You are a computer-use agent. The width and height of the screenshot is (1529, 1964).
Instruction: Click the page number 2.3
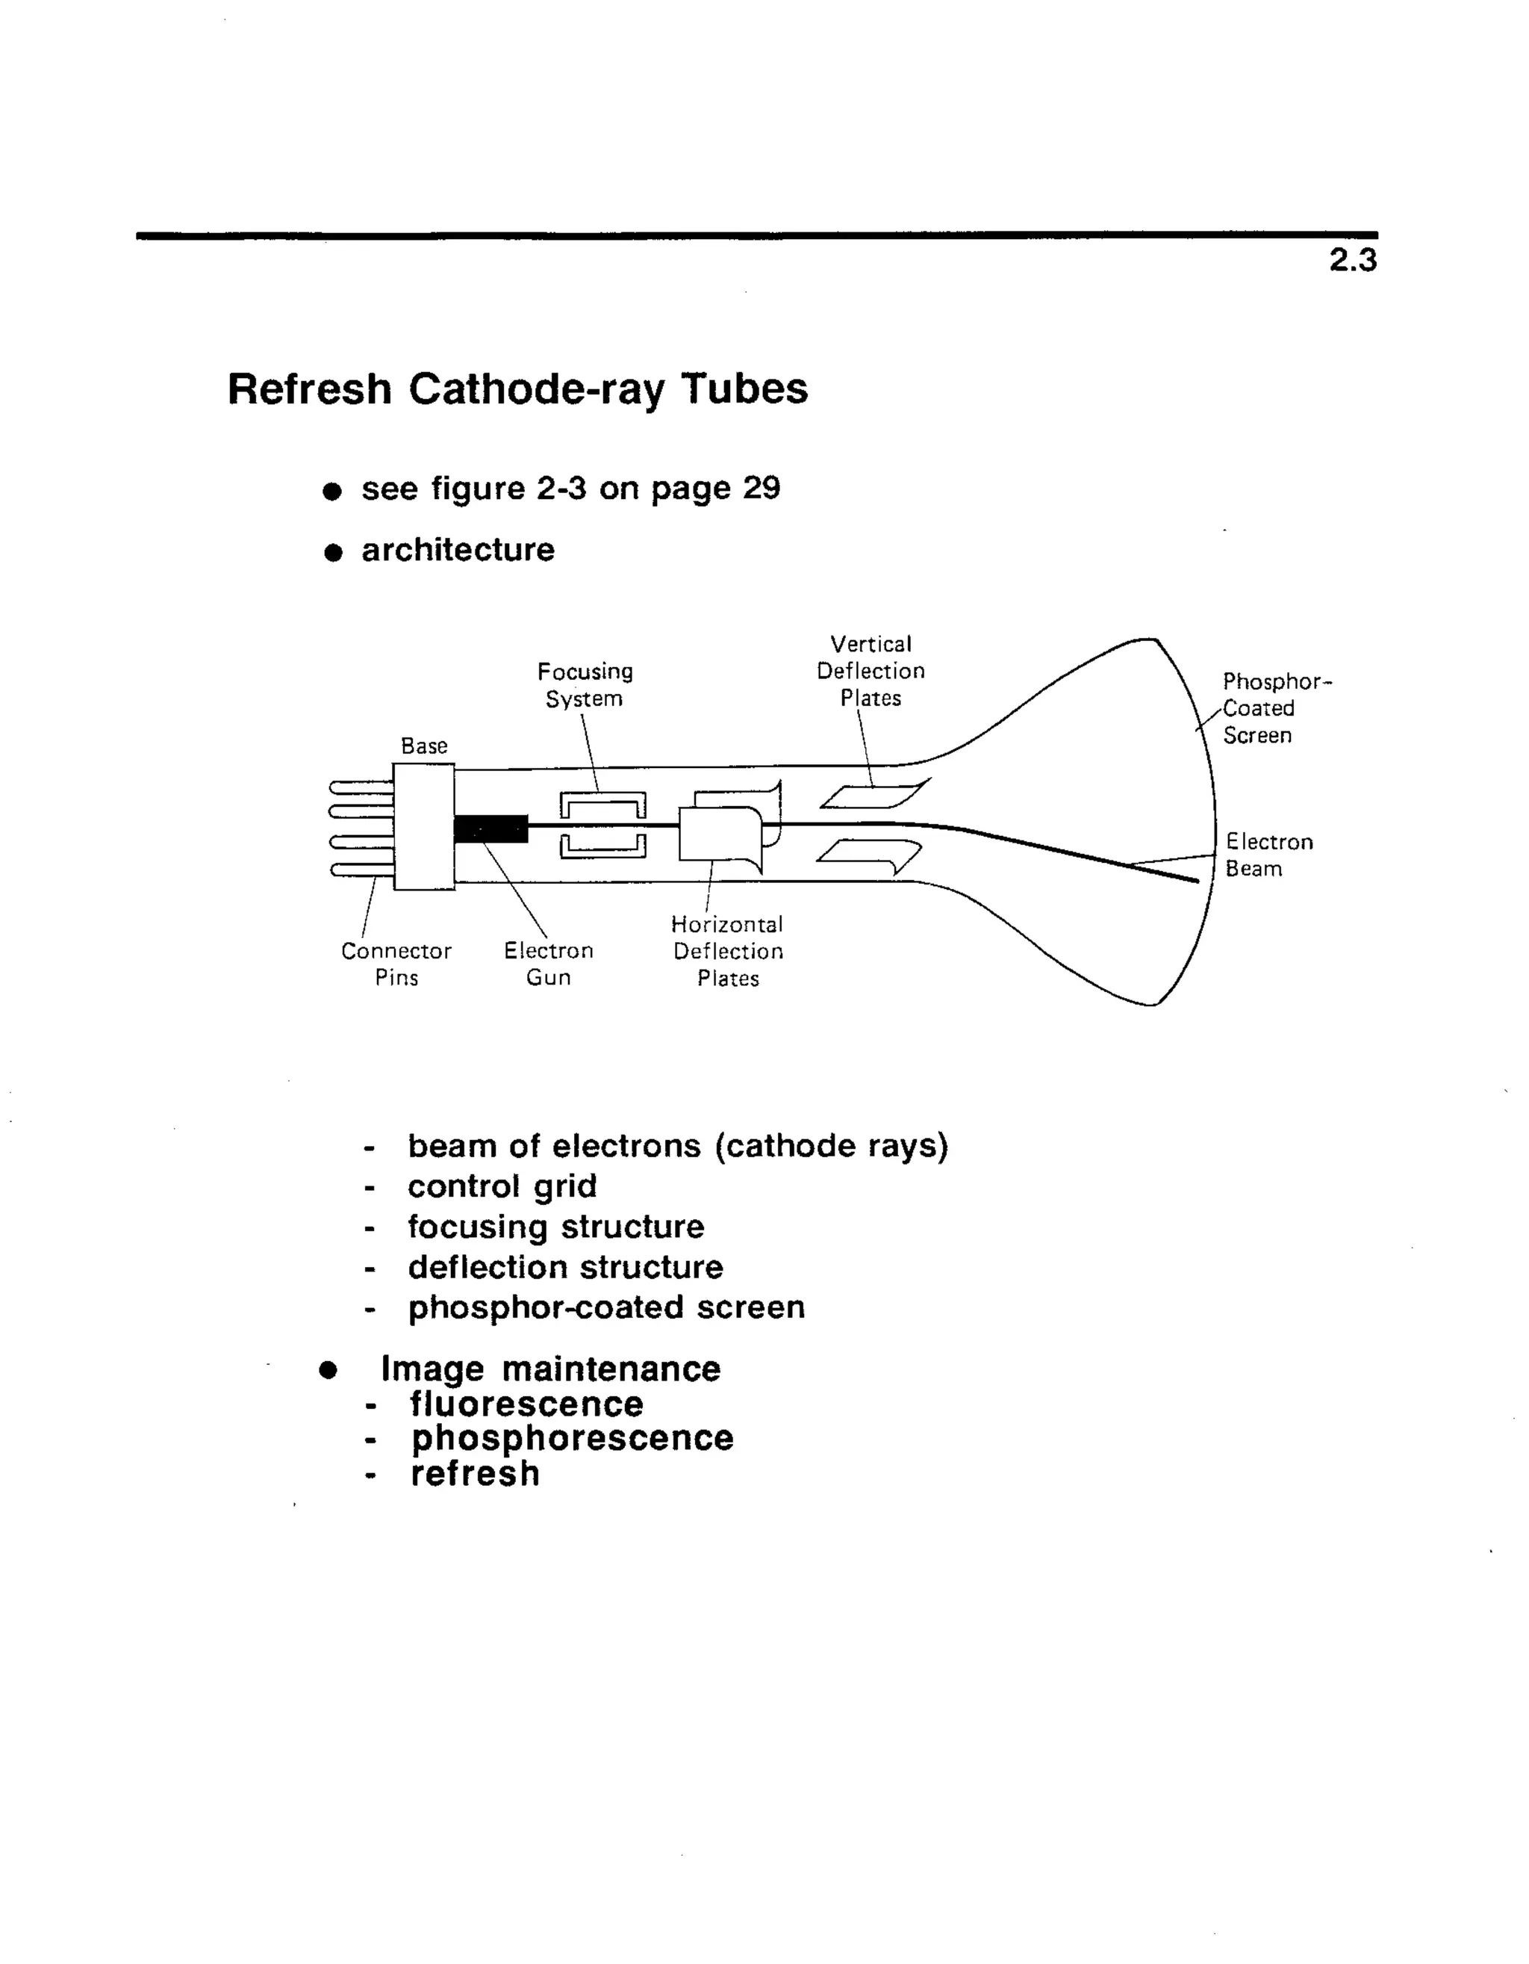click(x=1352, y=261)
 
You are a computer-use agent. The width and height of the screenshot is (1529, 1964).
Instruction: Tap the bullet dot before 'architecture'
click(x=334, y=552)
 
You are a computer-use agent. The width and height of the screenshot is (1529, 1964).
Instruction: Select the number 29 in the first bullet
click(x=762, y=489)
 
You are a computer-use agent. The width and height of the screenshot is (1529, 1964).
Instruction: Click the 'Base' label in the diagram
click(x=423, y=746)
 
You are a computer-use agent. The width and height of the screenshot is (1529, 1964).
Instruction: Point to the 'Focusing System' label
click(x=585, y=685)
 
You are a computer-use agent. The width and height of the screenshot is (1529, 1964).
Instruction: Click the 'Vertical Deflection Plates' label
click(x=870, y=671)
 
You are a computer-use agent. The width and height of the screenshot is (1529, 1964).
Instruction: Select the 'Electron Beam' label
click(x=1268, y=855)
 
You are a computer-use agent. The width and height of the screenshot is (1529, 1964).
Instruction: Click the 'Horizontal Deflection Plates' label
click(x=728, y=952)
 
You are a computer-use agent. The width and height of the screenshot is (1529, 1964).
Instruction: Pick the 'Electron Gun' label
click(x=548, y=964)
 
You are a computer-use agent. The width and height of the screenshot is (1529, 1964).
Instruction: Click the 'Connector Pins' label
click(x=396, y=964)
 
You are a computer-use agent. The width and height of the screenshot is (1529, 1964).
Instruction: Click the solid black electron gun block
click(x=491, y=828)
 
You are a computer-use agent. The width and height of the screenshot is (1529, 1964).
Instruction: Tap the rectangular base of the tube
click(x=423, y=826)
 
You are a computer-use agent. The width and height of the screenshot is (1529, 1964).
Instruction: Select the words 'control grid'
click(x=502, y=1187)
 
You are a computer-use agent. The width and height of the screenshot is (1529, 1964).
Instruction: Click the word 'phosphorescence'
click(x=573, y=1438)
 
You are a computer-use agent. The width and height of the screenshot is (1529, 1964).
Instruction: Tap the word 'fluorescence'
click(x=527, y=1404)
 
